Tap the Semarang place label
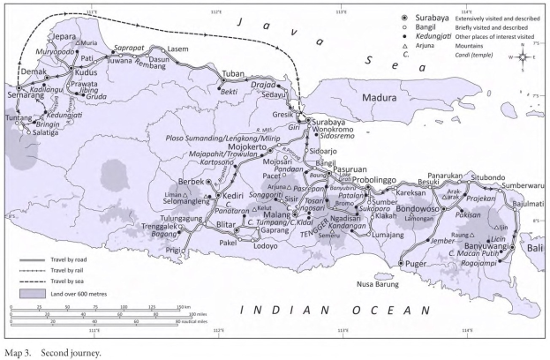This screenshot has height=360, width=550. coord(22,145)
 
